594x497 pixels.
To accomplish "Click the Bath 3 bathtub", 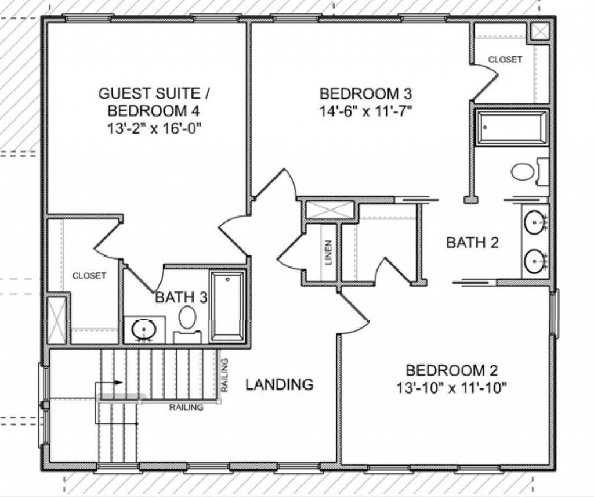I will pos(227,305).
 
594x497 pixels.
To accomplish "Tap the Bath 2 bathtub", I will pos(512,127).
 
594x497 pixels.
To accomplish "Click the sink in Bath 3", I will pos(142,330).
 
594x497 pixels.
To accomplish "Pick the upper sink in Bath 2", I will pos(534,222).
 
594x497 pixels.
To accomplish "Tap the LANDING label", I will pos(279,384).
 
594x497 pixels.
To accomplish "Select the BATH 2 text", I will pos(472,243).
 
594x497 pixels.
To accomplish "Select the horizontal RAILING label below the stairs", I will pos(186,407).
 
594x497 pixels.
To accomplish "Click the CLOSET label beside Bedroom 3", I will pos(505,59).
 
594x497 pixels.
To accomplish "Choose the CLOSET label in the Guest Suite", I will pos(89,275).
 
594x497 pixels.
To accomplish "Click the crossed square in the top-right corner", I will pos(540,31).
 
